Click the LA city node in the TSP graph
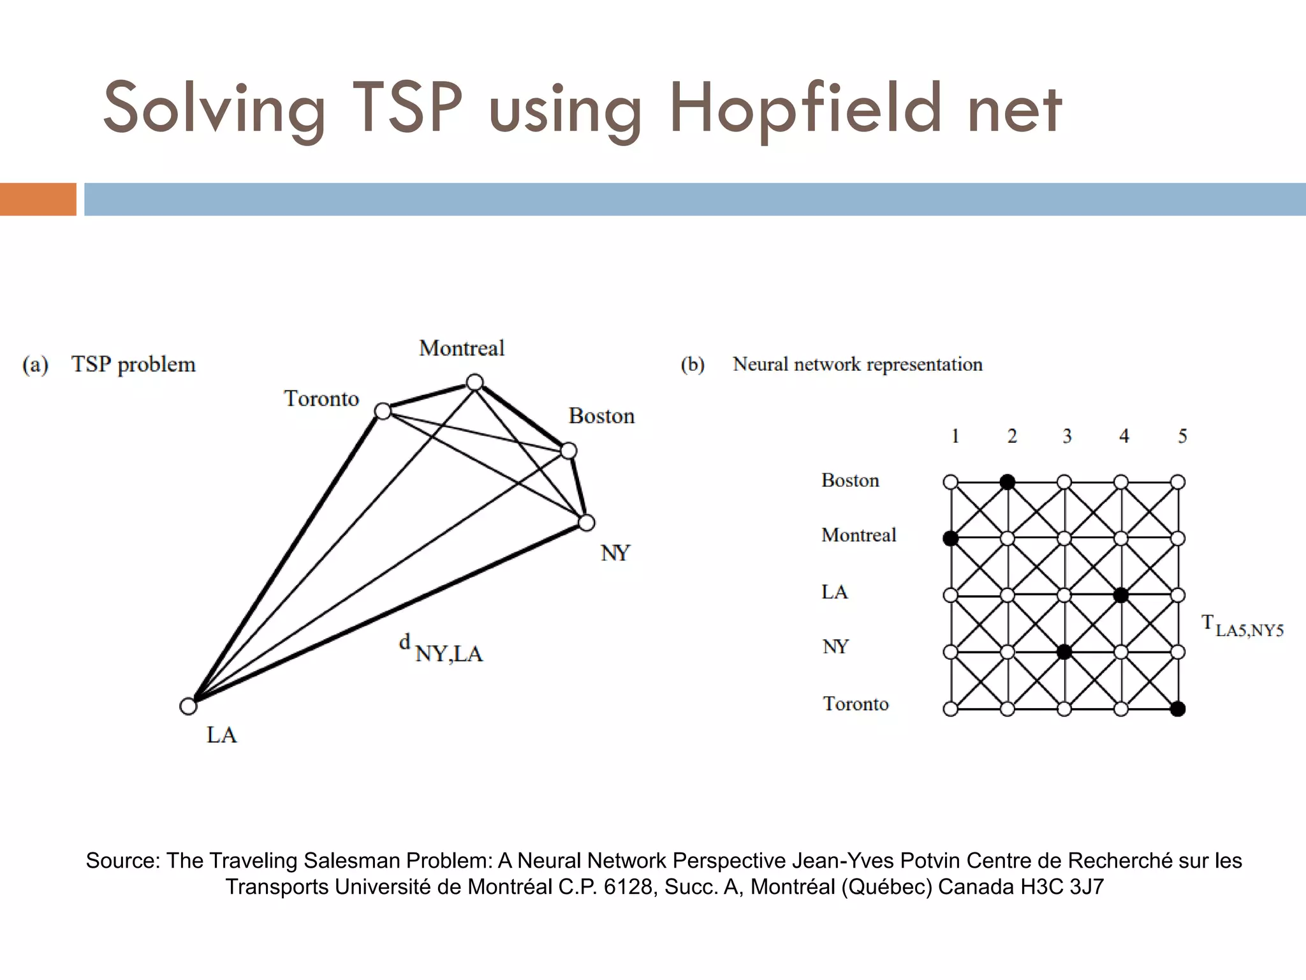tap(188, 706)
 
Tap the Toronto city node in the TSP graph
tap(383, 411)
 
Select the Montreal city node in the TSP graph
tap(474, 382)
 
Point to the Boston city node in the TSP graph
tap(568, 452)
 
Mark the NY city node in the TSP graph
tap(586, 523)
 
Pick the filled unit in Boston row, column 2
tap(1008, 482)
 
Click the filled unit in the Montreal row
tap(951, 538)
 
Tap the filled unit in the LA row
tap(1121, 595)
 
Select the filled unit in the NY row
tap(1064, 652)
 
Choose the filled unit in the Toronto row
tap(1178, 709)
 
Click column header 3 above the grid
tap(1067, 436)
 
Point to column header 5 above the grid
tap(1182, 436)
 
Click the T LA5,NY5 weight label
tap(1242, 626)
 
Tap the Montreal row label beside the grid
tap(858, 535)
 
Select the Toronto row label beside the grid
tap(856, 704)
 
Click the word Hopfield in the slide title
tap(805, 108)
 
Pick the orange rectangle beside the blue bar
tap(38, 199)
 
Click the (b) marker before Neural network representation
tap(693, 364)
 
